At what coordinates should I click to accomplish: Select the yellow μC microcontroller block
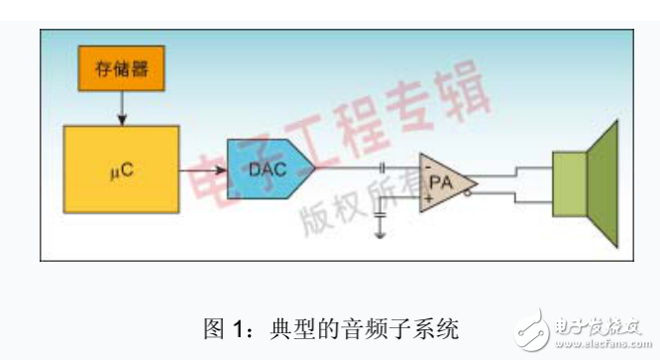tap(122, 169)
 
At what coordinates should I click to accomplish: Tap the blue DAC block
tap(269, 170)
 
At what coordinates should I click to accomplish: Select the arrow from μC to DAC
tap(204, 170)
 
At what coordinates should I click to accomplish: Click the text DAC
tap(266, 170)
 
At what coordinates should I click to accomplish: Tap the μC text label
tap(121, 170)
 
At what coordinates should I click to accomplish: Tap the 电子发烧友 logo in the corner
tap(585, 327)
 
